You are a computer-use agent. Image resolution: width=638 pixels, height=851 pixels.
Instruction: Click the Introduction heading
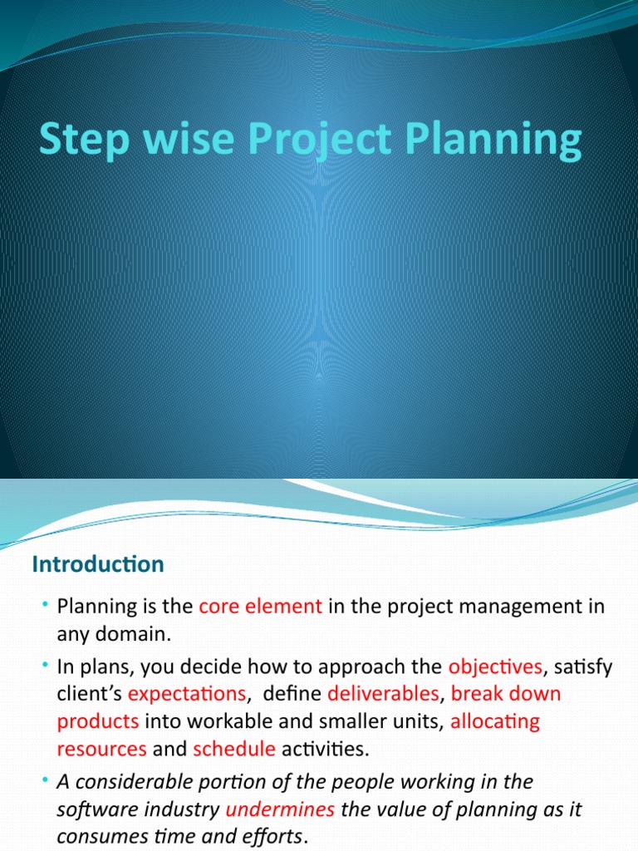[98, 564]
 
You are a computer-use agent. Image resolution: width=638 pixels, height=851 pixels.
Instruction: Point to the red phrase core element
[260, 607]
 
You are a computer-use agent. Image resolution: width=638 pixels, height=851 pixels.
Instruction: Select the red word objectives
[494, 666]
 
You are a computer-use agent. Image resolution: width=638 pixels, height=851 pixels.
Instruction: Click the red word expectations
[186, 694]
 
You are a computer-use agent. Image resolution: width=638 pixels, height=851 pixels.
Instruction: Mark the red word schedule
[233, 749]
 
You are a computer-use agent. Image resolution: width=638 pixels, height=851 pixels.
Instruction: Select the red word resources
[101, 749]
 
